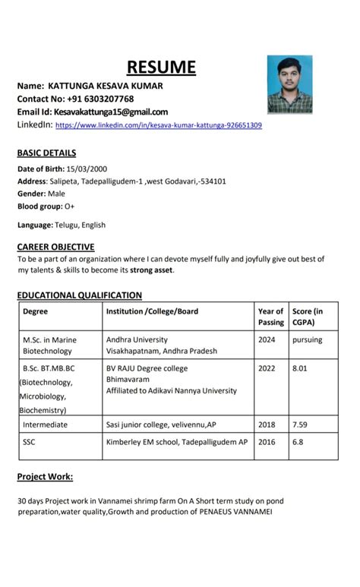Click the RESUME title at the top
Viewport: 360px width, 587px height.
(x=161, y=67)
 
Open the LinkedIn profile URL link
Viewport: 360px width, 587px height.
(x=159, y=125)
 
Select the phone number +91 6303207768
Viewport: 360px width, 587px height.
(x=99, y=99)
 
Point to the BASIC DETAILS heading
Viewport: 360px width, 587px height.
(x=46, y=153)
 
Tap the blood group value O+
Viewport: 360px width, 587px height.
(x=70, y=206)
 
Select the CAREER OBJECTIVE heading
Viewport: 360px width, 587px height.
(x=55, y=247)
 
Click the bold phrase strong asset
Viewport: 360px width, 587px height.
(x=152, y=270)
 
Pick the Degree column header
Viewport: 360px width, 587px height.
(x=36, y=311)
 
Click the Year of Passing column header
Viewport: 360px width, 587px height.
(x=270, y=317)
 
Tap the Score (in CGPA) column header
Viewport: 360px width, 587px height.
(x=308, y=317)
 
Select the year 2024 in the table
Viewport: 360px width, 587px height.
(x=267, y=339)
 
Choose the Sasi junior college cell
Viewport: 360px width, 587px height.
(x=161, y=424)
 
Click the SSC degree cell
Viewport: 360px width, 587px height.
(x=30, y=441)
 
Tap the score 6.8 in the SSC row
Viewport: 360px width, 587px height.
(x=298, y=441)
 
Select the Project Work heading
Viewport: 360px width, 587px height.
(x=46, y=477)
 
